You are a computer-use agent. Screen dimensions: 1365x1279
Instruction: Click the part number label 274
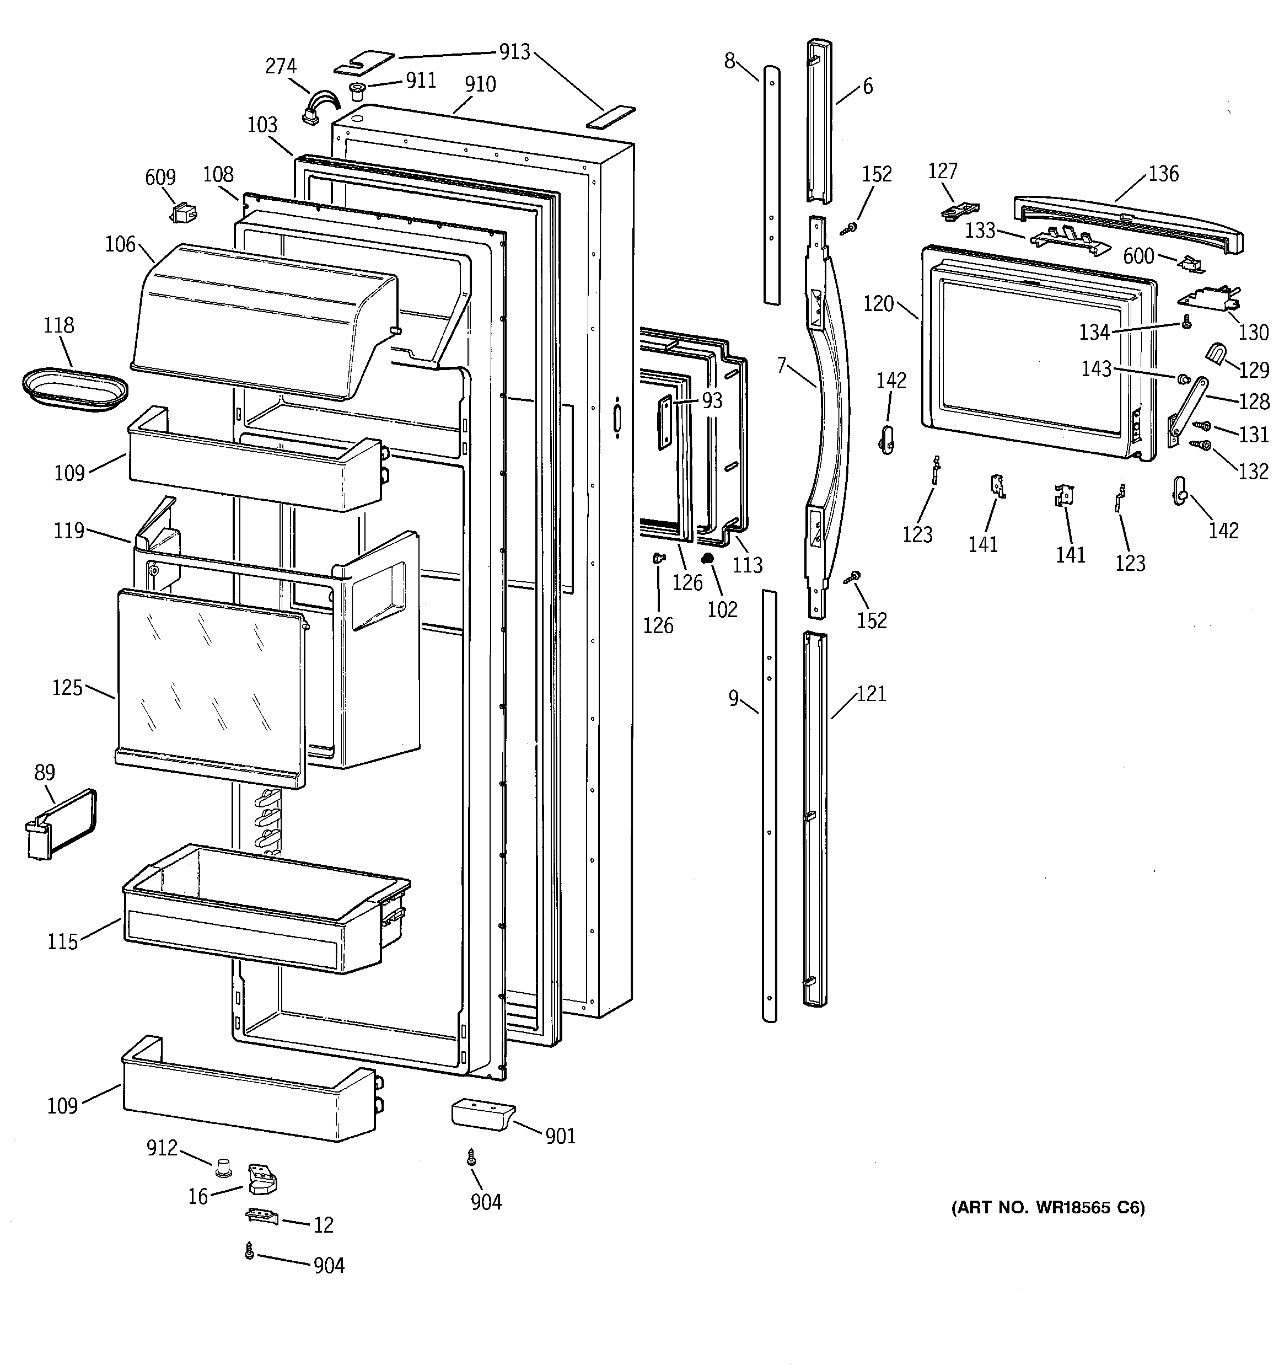click(x=281, y=66)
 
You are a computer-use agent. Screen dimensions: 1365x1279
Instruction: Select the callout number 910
click(x=480, y=84)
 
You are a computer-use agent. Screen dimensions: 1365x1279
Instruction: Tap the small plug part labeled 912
click(x=222, y=1165)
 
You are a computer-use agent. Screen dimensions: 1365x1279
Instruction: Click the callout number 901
click(x=560, y=1136)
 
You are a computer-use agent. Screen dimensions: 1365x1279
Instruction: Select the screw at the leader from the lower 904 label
click(x=249, y=1252)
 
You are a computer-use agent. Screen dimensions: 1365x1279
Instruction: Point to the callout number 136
click(x=1163, y=173)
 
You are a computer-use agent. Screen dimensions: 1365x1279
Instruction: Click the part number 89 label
click(x=45, y=773)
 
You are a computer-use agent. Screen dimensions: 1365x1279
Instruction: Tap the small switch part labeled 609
click(x=182, y=212)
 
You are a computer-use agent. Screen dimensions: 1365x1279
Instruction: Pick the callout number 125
click(x=67, y=687)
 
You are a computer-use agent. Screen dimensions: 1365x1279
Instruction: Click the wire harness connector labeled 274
click(x=320, y=109)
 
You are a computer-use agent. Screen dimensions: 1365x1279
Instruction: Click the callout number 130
click(x=1254, y=333)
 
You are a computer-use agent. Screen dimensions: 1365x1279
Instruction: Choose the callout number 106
click(x=120, y=244)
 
